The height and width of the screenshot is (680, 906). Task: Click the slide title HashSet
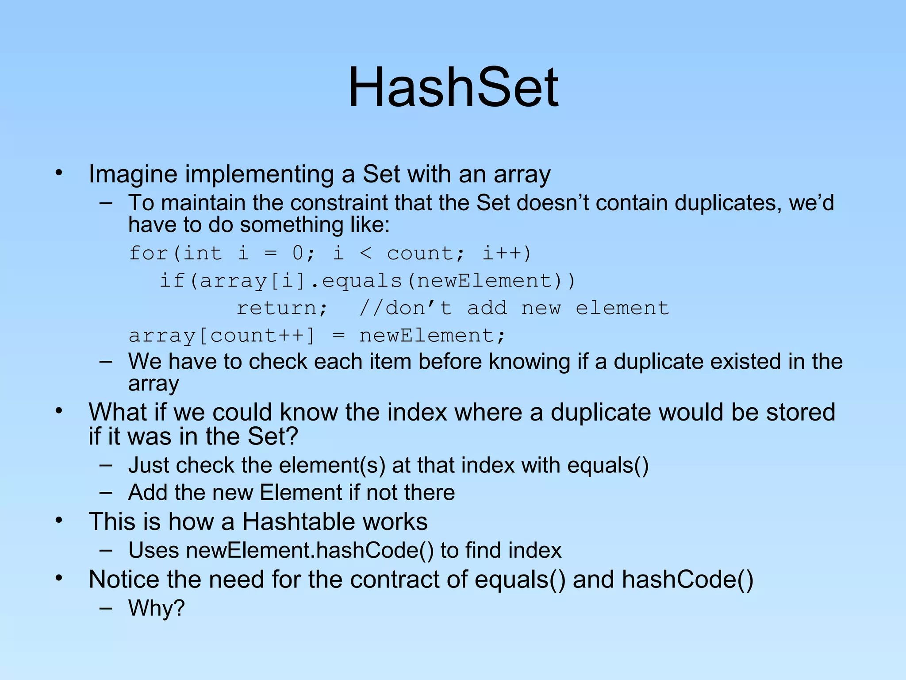coord(453,87)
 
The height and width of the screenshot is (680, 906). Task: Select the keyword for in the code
coord(148,253)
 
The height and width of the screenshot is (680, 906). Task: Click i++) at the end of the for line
coord(507,253)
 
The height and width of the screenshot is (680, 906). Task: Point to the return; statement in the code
coord(282,308)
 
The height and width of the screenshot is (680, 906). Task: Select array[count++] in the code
coord(221,336)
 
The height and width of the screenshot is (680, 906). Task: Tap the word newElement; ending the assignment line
coord(432,336)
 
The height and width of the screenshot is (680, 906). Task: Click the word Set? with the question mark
coord(273,437)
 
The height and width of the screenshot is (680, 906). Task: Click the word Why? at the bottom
coord(156,608)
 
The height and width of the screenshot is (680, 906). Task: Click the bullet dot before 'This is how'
coord(59,521)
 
